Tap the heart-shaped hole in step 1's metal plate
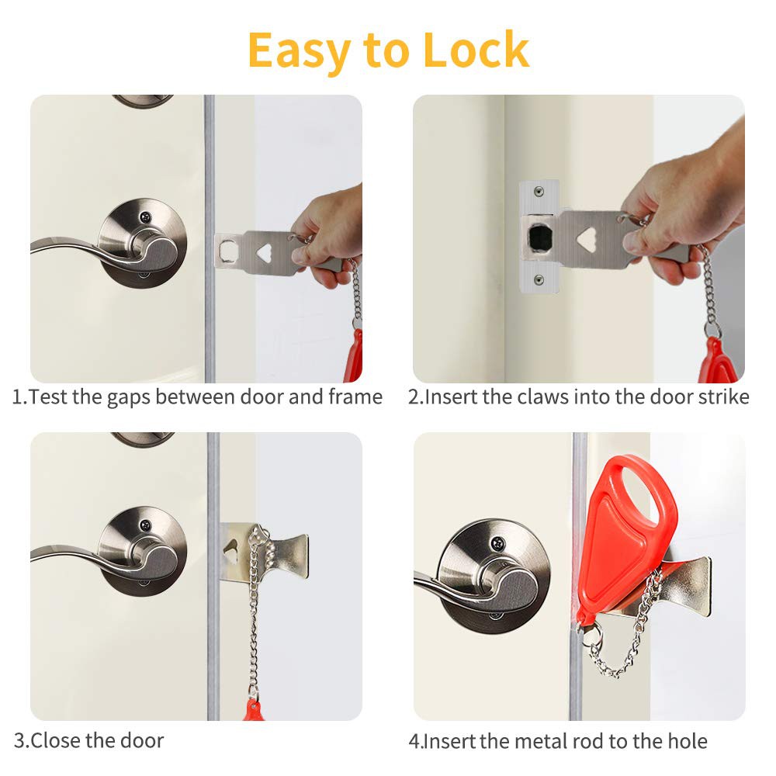[265, 253]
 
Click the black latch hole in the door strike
[540, 237]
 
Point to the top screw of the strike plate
[539, 192]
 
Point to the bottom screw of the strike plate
[539, 280]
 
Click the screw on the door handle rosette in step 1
[145, 217]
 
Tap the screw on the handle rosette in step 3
[145, 525]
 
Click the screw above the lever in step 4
[497, 543]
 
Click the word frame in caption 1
[355, 397]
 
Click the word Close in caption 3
[55, 741]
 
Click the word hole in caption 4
[688, 741]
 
